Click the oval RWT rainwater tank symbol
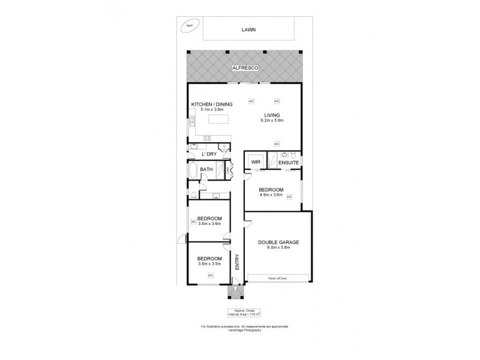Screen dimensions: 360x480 point(189,26)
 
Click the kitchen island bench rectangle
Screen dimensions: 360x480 point(219,119)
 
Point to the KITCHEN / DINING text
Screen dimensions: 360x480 point(211,104)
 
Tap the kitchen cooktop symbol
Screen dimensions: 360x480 point(208,139)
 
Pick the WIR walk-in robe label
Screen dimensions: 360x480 point(254,161)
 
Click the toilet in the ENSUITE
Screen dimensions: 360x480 point(288,154)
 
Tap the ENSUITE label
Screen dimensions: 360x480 point(288,162)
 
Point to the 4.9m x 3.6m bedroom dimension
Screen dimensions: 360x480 point(271,195)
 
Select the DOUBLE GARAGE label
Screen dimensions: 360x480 point(278,242)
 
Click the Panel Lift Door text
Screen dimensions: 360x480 point(278,278)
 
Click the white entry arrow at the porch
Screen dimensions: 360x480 point(234,288)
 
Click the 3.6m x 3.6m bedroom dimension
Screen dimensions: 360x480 point(209,224)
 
